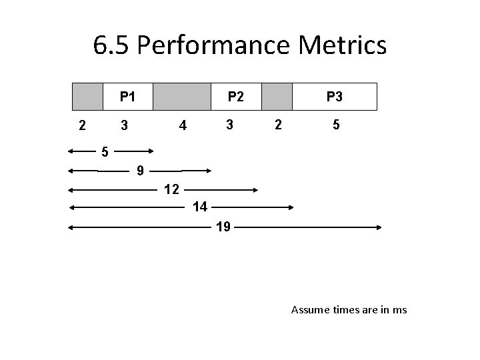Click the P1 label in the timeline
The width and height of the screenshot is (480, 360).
coord(128,97)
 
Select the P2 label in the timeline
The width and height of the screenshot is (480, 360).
coord(235,97)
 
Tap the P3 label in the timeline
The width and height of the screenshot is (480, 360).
coord(335,97)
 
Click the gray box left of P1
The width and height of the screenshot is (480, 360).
coord(87,97)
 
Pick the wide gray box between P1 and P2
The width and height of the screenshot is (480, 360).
coord(182,97)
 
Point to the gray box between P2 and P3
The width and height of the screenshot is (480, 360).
coord(277,97)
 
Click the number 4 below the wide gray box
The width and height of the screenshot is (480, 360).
coord(181,125)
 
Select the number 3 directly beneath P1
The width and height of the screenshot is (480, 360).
coord(123,125)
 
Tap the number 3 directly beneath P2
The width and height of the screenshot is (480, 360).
coord(229,124)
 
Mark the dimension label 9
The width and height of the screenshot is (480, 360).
coord(140,171)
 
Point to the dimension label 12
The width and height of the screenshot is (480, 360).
coord(171,189)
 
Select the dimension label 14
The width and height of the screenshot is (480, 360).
coord(199,207)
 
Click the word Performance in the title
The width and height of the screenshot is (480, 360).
coord(213,45)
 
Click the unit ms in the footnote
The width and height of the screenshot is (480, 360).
coord(400,310)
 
